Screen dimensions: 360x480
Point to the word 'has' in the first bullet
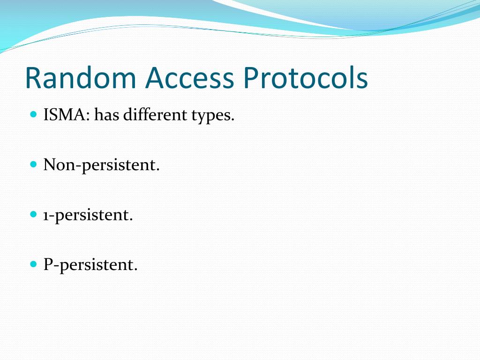(x=106, y=115)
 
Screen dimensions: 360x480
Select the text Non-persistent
(x=102, y=165)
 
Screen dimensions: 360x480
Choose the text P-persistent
(x=90, y=265)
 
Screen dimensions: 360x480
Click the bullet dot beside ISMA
(x=33, y=114)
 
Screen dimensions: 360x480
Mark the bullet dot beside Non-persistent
(x=33, y=164)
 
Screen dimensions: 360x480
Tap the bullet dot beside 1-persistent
(x=33, y=214)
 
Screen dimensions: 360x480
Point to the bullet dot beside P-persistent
(x=33, y=264)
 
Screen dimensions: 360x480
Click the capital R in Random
(x=33, y=78)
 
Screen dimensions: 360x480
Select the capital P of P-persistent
(x=47, y=265)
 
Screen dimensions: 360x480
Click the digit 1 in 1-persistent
(x=46, y=216)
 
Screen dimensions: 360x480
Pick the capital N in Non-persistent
(x=49, y=165)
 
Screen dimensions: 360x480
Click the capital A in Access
(x=155, y=78)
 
